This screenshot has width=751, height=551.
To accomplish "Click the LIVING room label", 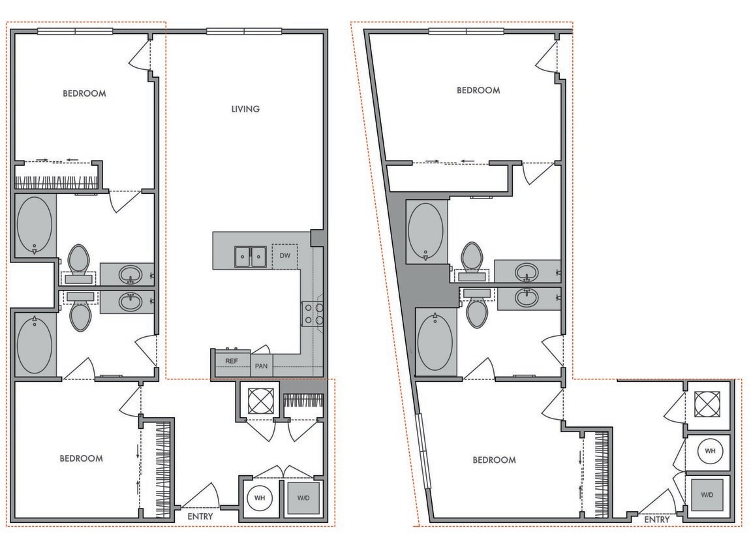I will [x=245, y=109].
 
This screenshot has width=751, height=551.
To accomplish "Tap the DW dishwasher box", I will [x=284, y=255].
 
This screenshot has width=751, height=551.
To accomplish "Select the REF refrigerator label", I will [x=231, y=361].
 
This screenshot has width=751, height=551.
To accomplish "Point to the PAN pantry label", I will [x=262, y=366].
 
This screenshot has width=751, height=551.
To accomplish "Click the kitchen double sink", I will [x=251, y=257].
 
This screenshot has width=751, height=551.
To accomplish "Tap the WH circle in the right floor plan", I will [x=710, y=451].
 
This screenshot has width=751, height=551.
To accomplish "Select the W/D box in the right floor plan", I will [x=707, y=495].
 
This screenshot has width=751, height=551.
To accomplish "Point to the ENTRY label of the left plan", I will [x=200, y=516].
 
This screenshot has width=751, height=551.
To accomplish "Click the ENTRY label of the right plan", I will [x=657, y=520].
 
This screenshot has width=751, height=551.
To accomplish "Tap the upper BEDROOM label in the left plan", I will [x=84, y=93].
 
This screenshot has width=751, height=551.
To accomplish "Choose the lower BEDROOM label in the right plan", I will [x=494, y=460].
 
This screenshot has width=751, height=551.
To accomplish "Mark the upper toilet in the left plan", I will [x=79, y=260].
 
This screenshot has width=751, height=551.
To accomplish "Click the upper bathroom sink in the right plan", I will [x=527, y=271].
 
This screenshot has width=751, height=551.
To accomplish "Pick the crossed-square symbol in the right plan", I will [x=707, y=404].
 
